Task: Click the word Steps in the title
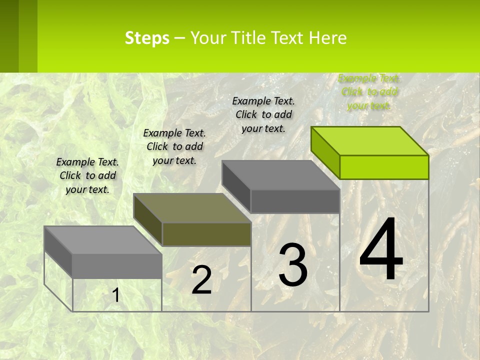pos(147,38)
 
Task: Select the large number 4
pos(381,250)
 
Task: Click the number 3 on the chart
pos(293,265)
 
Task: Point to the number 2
pos(201,280)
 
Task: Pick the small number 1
pos(115,295)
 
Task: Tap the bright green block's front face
pos(384,167)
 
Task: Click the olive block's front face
pos(206,234)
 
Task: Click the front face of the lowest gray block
pos(117,266)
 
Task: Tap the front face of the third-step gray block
pos(295,201)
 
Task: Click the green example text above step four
pos(369,92)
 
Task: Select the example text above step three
pos(263,114)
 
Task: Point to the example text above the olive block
pos(174,146)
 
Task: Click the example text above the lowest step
pos(87,175)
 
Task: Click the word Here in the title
pos(328,38)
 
